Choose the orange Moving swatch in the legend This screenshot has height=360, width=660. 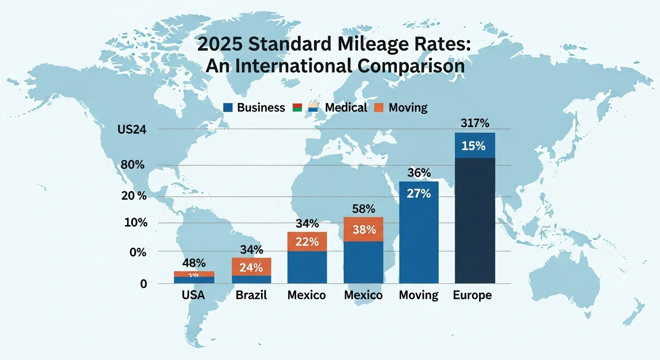tap(379, 108)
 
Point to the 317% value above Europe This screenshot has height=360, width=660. tap(475, 124)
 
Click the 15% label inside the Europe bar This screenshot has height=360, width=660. tap(475, 146)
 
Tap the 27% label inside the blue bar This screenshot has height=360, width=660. tap(419, 193)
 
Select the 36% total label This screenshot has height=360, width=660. tap(419, 173)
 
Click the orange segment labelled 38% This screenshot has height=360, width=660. tap(364, 230)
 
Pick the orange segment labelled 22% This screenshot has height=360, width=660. tap(307, 242)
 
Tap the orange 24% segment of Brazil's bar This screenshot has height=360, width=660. tap(251, 267)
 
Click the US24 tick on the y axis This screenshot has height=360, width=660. tap(133, 131)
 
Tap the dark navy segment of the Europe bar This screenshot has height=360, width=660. tap(475, 220)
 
